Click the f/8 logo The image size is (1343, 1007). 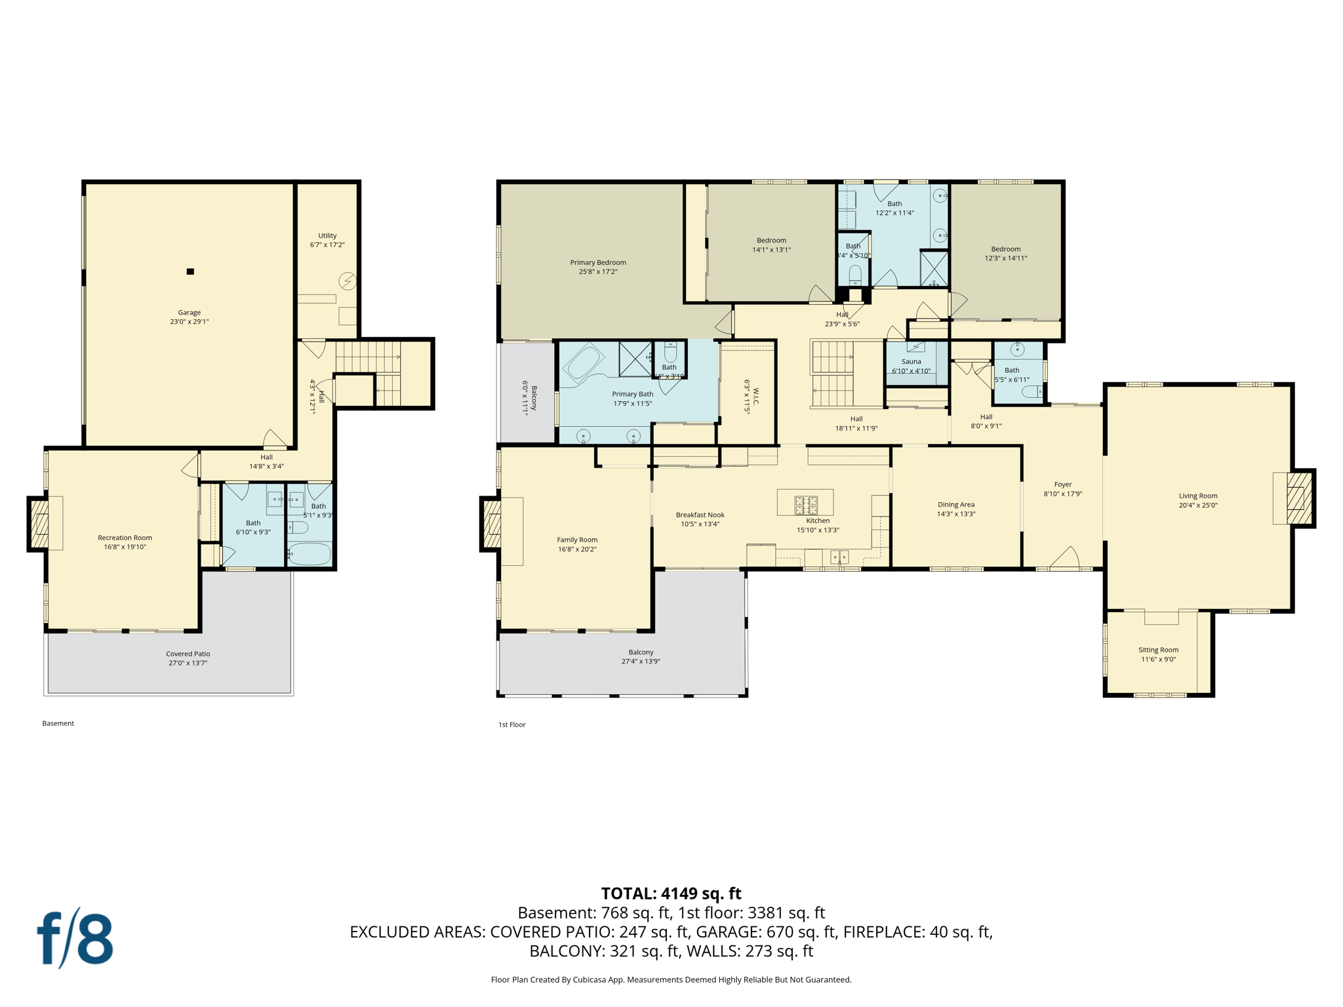[75, 938]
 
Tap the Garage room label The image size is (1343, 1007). [189, 313]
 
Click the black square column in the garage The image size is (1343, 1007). [190, 271]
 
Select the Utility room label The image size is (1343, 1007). [327, 235]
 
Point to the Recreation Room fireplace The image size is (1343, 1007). [39, 524]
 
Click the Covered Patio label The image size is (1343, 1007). [188, 654]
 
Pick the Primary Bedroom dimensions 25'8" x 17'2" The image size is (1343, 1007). [597, 271]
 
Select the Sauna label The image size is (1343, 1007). [911, 361]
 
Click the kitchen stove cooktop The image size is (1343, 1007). [806, 504]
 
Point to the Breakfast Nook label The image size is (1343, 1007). [700, 515]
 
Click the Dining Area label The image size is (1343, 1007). [955, 504]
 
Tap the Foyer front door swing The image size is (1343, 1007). [1065, 558]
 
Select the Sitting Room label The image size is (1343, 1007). [1158, 650]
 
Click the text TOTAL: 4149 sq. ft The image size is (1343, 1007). [671, 893]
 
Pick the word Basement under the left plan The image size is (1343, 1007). [58, 723]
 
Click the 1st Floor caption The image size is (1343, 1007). [511, 724]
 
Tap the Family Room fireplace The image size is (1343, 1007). [492, 523]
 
